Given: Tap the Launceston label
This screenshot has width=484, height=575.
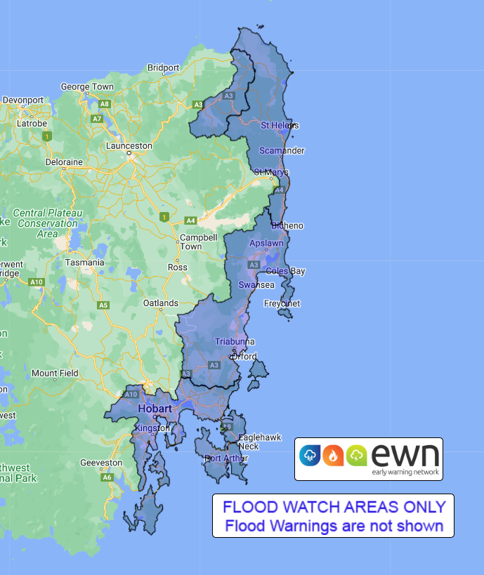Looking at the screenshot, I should tap(129, 146).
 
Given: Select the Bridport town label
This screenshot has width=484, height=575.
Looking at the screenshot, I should tap(164, 68).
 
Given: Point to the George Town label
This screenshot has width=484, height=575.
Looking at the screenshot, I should tap(87, 87).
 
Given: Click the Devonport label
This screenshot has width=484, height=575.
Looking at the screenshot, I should tap(23, 100).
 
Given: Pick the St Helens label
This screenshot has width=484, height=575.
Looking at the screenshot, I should tap(280, 126).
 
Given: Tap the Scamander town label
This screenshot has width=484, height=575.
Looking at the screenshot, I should tap(282, 151).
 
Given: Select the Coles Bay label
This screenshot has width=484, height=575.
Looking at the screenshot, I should tap(285, 272).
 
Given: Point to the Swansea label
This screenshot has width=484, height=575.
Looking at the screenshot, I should tap(256, 285).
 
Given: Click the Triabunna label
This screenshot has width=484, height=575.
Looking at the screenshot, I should tap(235, 342).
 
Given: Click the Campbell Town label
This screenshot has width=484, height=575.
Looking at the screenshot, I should tap(190, 242).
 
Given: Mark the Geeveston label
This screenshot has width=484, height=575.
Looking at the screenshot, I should tap(100, 463).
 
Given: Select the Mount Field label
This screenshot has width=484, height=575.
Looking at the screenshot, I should tap(55, 374).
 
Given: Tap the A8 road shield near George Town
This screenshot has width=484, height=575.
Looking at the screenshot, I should tap(105, 104).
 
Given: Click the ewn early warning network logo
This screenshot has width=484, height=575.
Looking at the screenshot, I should tap(369, 459).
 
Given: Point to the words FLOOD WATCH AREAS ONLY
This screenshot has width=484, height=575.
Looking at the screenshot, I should tap(334, 507).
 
